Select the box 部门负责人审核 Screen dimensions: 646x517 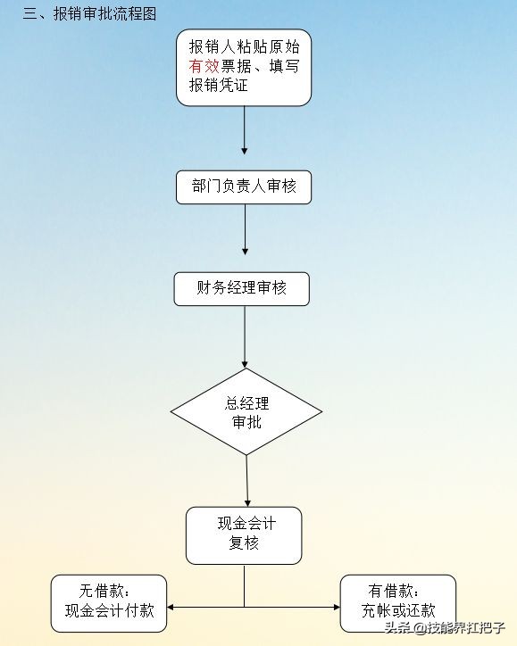(244, 186)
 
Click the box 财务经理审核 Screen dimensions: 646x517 (242, 289)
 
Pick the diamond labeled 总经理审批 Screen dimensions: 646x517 (246, 411)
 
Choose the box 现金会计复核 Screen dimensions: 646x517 (244, 534)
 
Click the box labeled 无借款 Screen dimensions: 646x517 (109, 602)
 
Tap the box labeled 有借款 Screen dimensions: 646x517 (398, 602)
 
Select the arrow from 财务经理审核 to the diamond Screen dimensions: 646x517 (245, 336)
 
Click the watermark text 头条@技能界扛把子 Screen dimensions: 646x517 (445, 627)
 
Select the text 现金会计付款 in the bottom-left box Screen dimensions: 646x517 (110, 611)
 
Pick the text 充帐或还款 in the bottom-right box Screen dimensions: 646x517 (398, 611)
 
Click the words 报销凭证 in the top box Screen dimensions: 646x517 (218, 86)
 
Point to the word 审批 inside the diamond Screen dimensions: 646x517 (246, 422)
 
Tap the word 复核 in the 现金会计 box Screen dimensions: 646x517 (244, 542)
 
